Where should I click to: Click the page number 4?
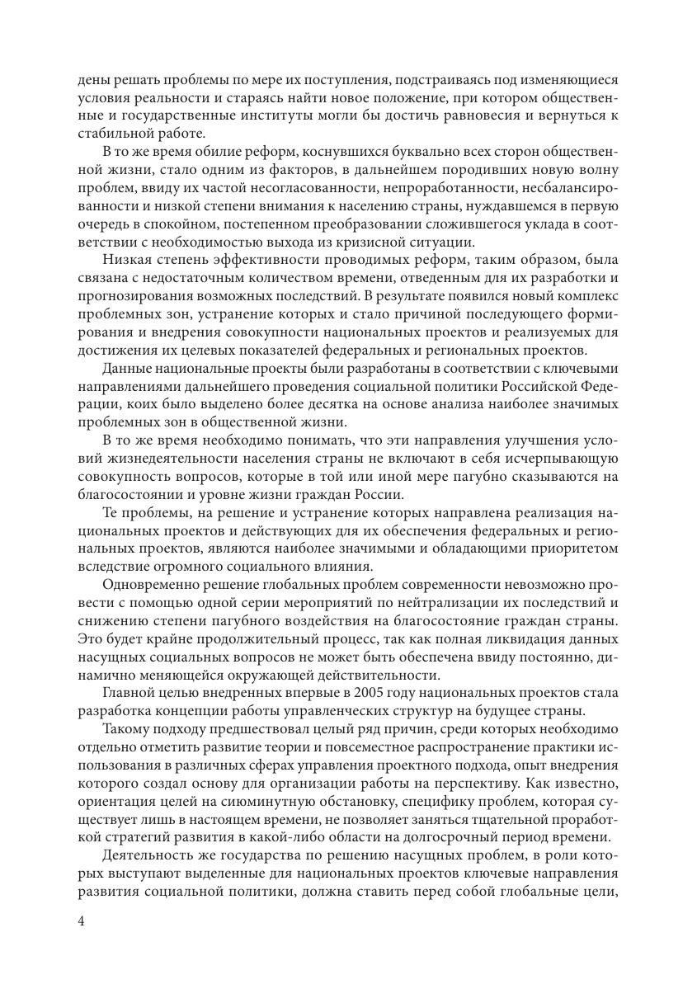(82, 921)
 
